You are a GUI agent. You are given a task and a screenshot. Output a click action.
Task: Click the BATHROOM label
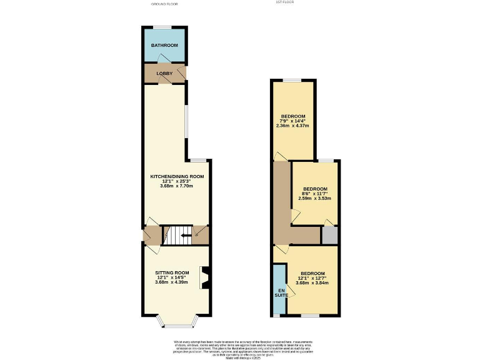[x=164, y=46]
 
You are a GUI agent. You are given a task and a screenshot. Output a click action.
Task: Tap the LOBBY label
[x=164, y=74]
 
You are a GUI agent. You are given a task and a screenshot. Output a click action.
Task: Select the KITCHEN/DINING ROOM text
[x=177, y=176]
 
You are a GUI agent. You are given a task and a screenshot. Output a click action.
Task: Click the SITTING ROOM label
[x=172, y=273]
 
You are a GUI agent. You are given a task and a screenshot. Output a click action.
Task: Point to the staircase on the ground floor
[x=177, y=235]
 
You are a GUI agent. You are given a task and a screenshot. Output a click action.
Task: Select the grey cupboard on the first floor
[x=329, y=235]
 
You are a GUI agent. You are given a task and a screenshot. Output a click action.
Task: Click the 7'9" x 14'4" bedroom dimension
[x=292, y=121]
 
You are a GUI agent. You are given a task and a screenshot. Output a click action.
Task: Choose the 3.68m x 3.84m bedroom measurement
[x=312, y=282]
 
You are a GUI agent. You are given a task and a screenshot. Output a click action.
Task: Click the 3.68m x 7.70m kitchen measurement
[x=177, y=186]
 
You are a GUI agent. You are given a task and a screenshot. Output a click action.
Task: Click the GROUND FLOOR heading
[x=164, y=4]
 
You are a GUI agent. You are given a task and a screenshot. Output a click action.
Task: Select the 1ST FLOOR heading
[x=284, y=2]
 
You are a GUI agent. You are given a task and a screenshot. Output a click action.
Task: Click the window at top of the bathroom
[x=164, y=26]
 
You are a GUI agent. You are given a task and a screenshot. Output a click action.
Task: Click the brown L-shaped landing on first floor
[x=282, y=206]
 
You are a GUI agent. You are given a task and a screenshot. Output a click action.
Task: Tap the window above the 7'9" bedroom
[x=292, y=80]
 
